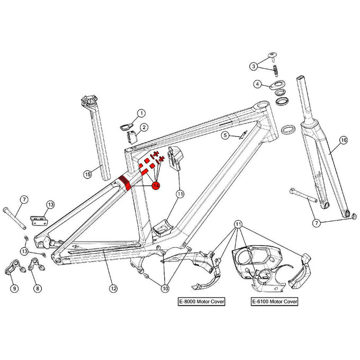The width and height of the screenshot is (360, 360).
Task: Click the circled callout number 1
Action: (x=141, y=113)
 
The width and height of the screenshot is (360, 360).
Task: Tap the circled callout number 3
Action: (x=254, y=66)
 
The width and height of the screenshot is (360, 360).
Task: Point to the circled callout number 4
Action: (x=257, y=84)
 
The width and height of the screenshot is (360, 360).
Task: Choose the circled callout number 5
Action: (x=225, y=136)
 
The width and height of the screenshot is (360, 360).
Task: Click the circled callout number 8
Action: (x=37, y=289)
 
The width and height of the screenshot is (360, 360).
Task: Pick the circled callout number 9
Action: (x=14, y=289)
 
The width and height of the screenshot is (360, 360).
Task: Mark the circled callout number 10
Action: (x=165, y=289)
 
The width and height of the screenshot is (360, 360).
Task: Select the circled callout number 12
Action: (x=113, y=289)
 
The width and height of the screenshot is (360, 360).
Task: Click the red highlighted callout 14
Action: (x=156, y=185)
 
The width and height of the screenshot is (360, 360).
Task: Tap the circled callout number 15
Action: (x=88, y=174)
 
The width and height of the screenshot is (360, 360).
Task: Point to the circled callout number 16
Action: (x=343, y=140)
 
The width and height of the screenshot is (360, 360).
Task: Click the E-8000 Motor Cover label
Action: (x=201, y=302)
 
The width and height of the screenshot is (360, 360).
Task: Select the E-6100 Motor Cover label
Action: (x=274, y=302)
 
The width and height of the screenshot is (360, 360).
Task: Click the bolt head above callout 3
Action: (x=273, y=54)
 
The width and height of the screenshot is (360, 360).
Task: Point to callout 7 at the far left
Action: (x=24, y=200)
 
